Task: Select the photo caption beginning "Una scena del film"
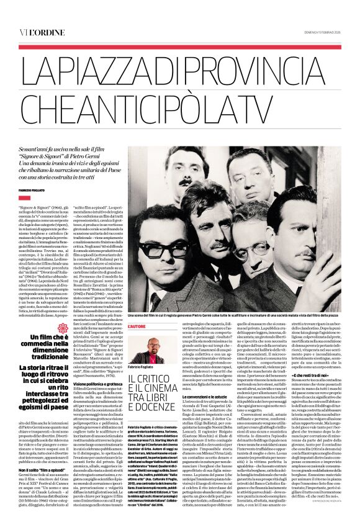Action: tap(236, 316)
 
